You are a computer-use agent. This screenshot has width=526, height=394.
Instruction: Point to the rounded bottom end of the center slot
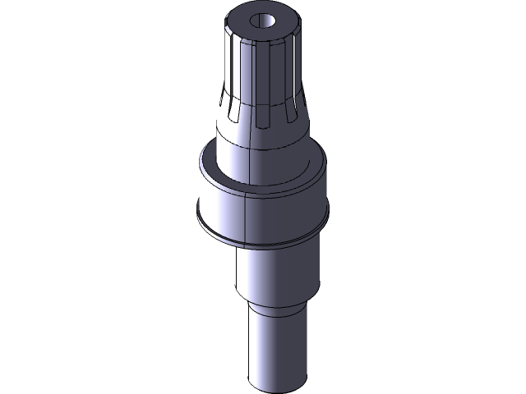tap(263, 123)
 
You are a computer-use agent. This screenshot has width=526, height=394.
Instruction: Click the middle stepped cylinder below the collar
tap(275, 275)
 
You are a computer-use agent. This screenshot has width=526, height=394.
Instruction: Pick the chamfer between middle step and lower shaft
tap(279, 309)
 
